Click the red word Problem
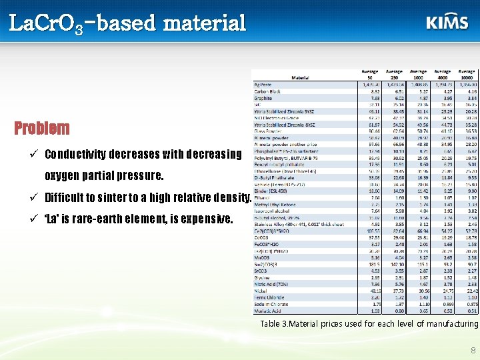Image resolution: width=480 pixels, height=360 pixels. (41, 128)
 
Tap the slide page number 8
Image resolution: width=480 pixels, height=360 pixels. (473, 349)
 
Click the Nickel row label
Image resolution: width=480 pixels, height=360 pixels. (262, 291)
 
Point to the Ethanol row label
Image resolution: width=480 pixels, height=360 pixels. (263, 197)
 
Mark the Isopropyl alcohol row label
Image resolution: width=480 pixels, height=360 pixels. (271, 210)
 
